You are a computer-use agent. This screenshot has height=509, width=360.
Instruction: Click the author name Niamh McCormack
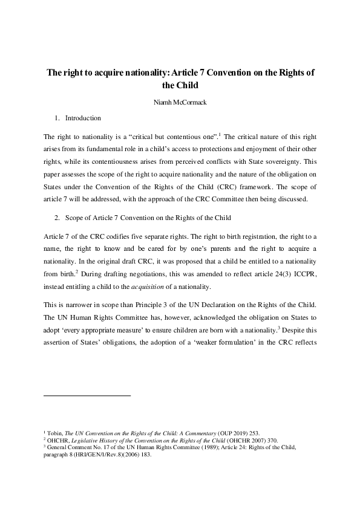(180, 103)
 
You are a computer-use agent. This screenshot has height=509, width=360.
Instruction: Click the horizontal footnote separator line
(88, 395)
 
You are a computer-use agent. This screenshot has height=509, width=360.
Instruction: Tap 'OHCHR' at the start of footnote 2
(59, 441)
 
